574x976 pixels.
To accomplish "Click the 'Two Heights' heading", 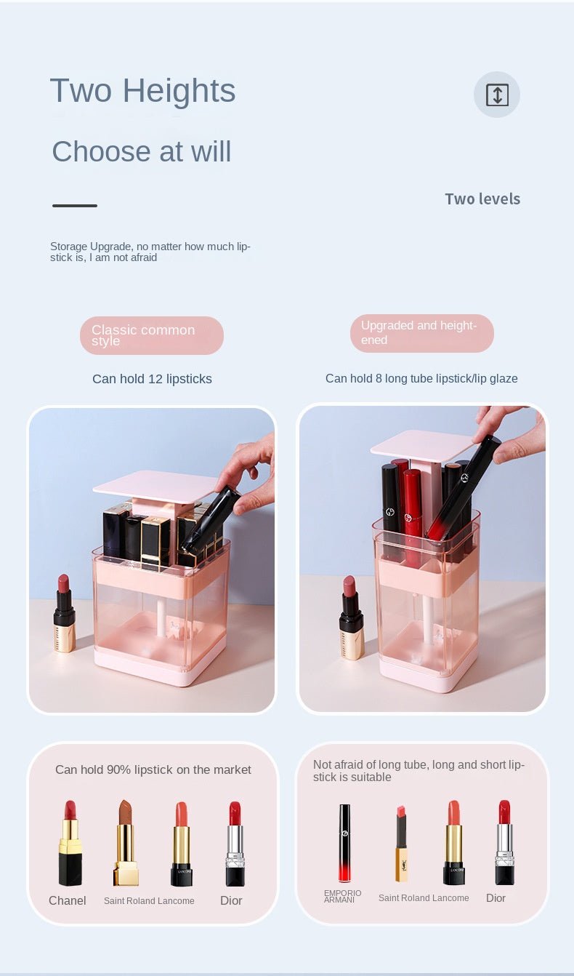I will [142, 91].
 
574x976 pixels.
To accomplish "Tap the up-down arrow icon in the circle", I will [497, 95].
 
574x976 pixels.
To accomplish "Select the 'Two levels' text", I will [482, 199].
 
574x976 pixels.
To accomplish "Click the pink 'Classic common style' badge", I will [151, 335].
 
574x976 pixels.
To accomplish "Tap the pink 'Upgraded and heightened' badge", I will [421, 333].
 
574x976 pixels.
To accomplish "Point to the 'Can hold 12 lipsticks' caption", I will [152, 379].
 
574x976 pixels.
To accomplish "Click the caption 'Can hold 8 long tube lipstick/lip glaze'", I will [421, 378].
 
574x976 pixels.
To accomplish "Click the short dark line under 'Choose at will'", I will [75, 206].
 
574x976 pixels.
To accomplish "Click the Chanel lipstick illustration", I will [70, 844].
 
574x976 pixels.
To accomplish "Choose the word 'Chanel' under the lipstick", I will [68, 900].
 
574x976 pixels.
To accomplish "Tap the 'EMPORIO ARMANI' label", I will [342, 896].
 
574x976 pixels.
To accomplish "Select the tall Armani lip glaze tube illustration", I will [344, 843].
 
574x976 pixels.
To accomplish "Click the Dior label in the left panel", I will [231, 900].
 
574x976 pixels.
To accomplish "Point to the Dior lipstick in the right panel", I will [504, 843].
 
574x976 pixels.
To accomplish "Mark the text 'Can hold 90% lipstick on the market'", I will [153, 769].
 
